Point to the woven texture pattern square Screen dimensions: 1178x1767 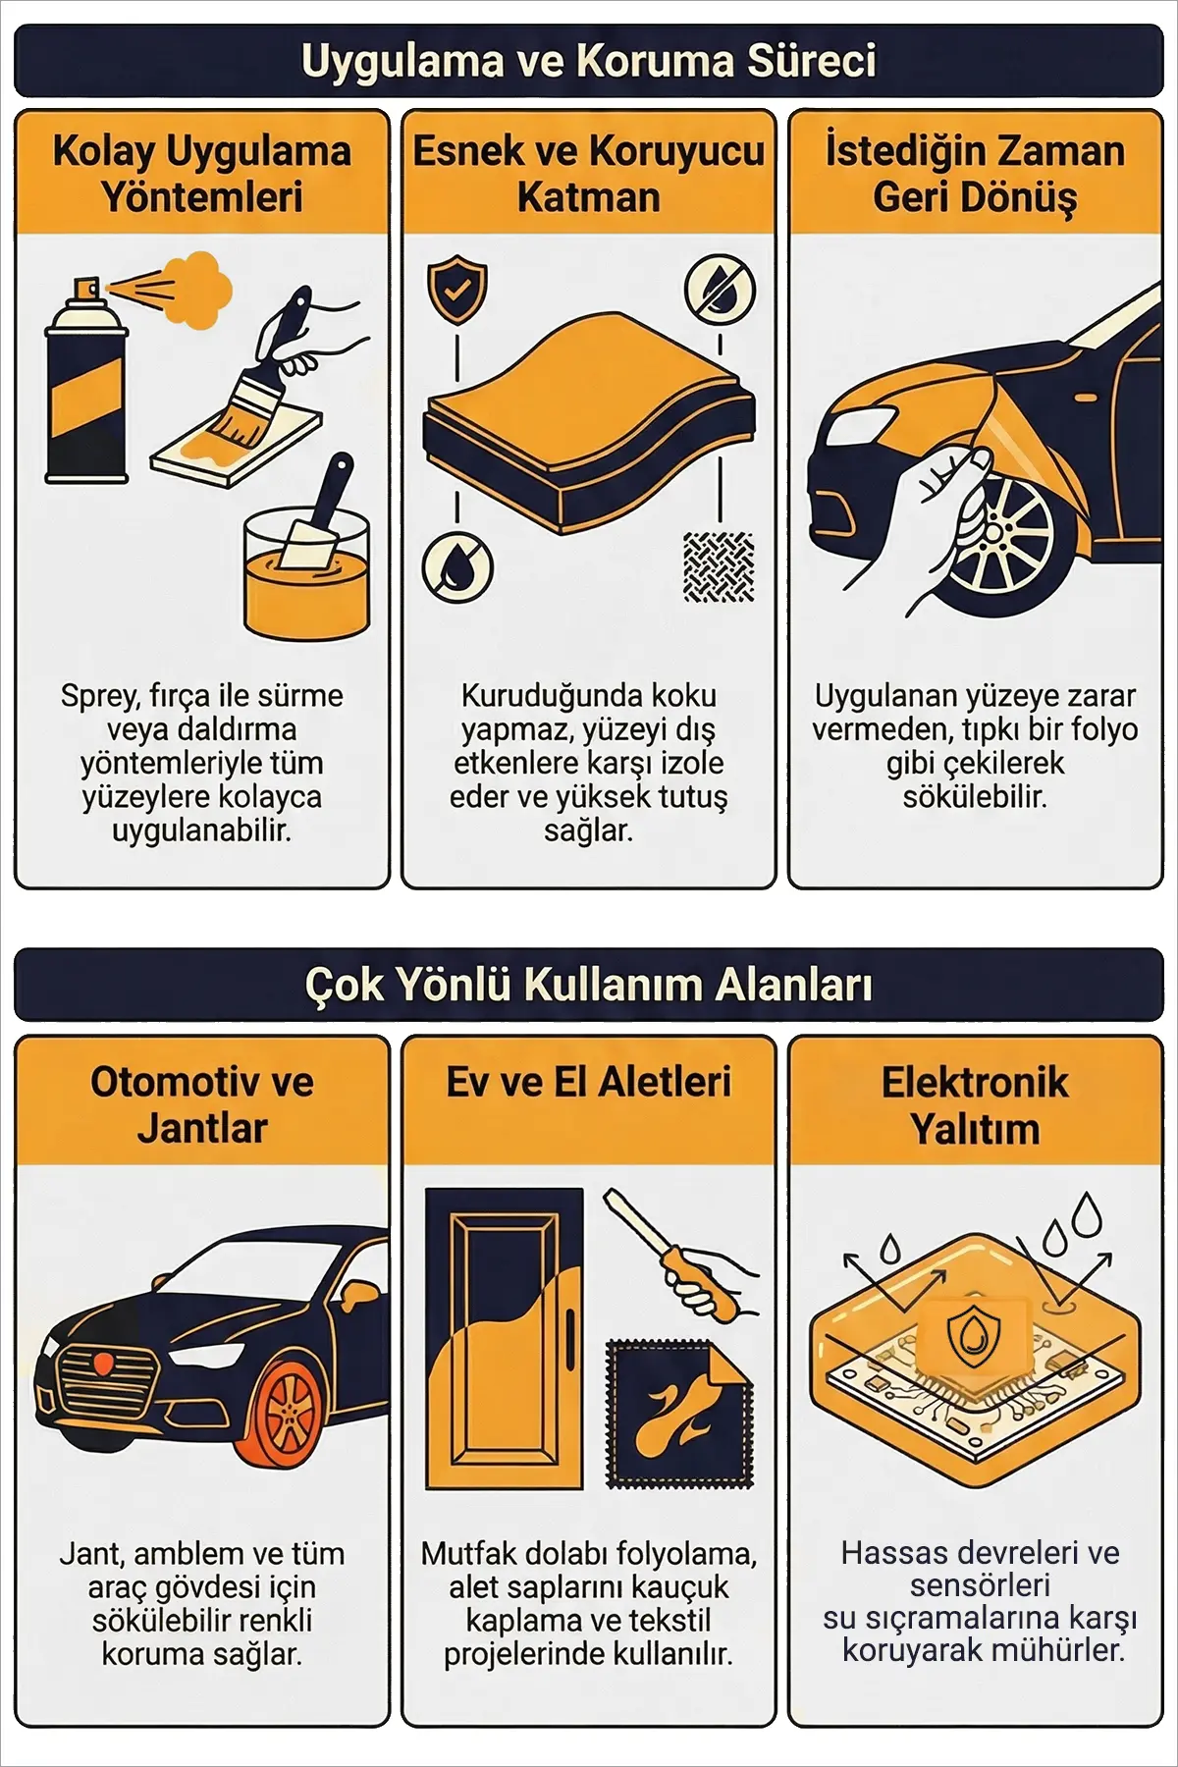coord(719,566)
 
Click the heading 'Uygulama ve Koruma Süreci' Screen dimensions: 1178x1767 coord(589,61)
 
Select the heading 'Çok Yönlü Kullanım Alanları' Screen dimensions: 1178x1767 coord(589,985)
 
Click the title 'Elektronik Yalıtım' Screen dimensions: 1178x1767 coord(975,1105)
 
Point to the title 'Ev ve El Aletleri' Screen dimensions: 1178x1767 coord(589,1082)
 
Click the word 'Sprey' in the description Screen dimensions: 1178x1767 coord(99,697)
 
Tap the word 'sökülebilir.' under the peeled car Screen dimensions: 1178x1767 coord(975,796)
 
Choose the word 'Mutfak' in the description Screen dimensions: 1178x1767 coord(469,1554)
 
